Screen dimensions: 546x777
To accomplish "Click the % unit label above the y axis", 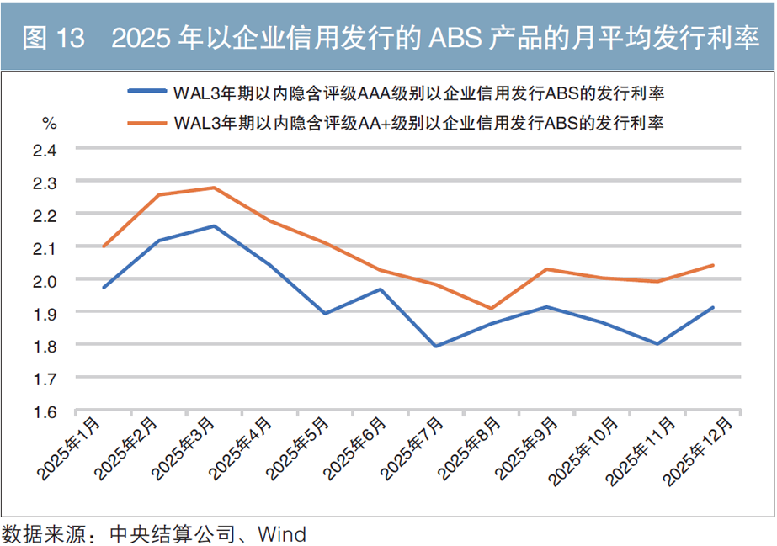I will pos(50,124).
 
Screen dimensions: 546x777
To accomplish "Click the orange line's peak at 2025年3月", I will pos(215,188).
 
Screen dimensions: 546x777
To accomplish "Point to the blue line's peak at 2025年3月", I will pos(215,225).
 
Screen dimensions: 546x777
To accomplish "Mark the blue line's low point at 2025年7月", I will pos(436,346).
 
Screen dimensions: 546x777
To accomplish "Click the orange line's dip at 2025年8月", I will pos(492,308).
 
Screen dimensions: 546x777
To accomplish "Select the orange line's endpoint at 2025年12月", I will pos(713,265).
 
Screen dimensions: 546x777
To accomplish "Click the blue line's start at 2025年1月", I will pos(104,288).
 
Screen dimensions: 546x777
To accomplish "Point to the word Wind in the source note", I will pos(282,533).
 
